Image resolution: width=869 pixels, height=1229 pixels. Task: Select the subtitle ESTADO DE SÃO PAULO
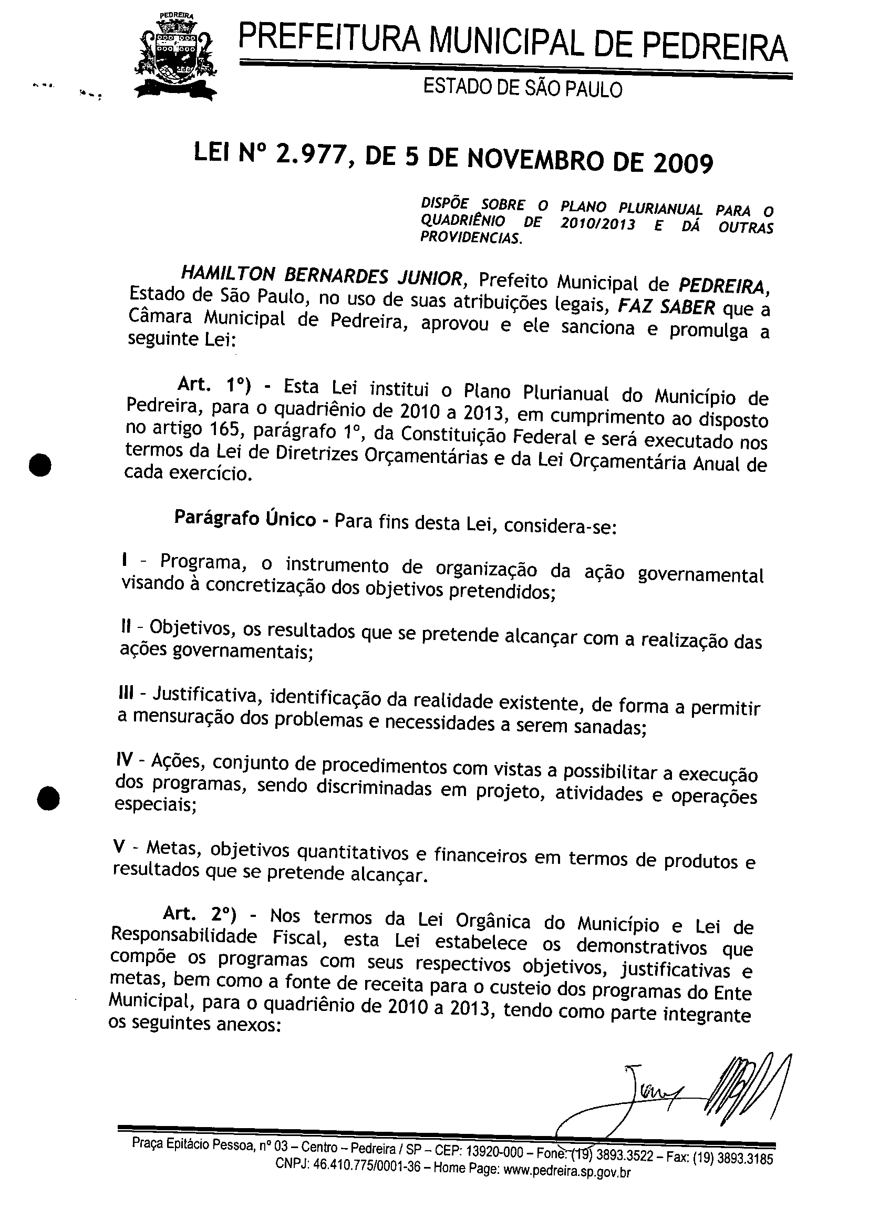(523, 88)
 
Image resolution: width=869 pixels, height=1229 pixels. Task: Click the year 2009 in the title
(682, 163)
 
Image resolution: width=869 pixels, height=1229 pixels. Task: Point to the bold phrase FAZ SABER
(666, 307)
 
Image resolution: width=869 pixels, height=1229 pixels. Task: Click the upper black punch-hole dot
(39, 464)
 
